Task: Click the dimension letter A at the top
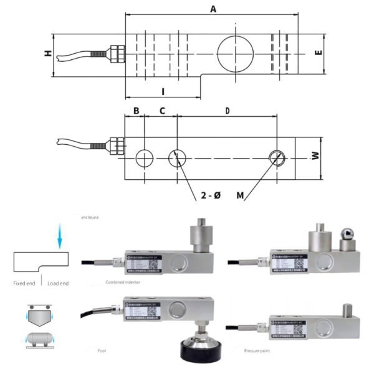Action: tap(213, 9)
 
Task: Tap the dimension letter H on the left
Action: tap(47, 54)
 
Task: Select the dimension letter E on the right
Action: tap(318, 54)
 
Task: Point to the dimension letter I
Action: tap(163, 91)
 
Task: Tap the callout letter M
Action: tap(240, 196)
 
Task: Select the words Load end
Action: tap(58, 283)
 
